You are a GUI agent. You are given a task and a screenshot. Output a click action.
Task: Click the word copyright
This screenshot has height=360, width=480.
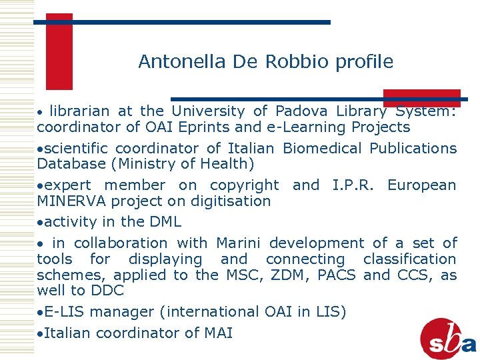[245, 185]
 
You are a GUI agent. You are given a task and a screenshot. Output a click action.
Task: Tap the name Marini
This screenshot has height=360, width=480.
[239, 243]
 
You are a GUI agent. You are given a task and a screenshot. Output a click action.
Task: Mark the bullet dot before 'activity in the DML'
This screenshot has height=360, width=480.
[40, 222]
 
